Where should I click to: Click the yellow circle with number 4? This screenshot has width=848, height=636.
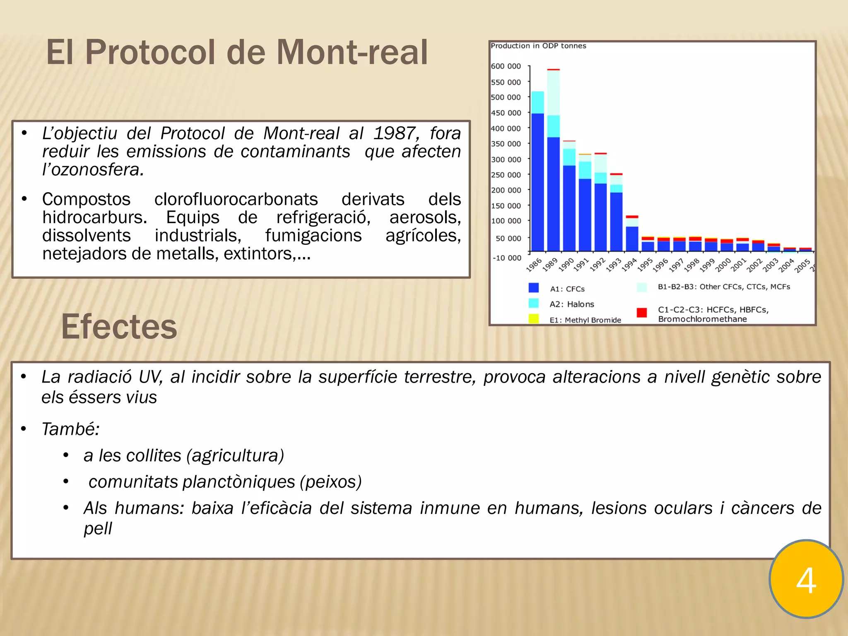(x=806, y=579)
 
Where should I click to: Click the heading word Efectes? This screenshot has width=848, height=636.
(x=119, y=327)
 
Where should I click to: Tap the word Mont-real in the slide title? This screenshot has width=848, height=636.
(x=352, y=53)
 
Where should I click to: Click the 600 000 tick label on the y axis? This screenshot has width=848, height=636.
(x=506, y=66)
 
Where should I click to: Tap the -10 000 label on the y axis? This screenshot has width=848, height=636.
(x=507, y=258)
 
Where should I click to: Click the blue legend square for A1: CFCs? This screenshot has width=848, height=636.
(x=534, y=288)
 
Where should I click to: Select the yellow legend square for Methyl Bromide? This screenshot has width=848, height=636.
(x=534, y=318)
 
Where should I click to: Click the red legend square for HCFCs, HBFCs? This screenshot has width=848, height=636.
(x=642, y=313)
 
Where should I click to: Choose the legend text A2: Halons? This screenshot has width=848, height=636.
(x=571, y=304)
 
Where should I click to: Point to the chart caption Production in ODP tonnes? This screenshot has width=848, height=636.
(x=538, y=46)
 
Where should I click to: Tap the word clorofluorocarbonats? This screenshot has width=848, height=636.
(x=236, y=199)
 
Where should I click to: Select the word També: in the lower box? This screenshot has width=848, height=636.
(x=70, y=429)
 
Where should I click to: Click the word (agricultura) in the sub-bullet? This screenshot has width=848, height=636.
(x=235, y=455)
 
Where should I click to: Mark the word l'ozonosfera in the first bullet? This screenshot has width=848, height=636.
(x=93, y=170)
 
